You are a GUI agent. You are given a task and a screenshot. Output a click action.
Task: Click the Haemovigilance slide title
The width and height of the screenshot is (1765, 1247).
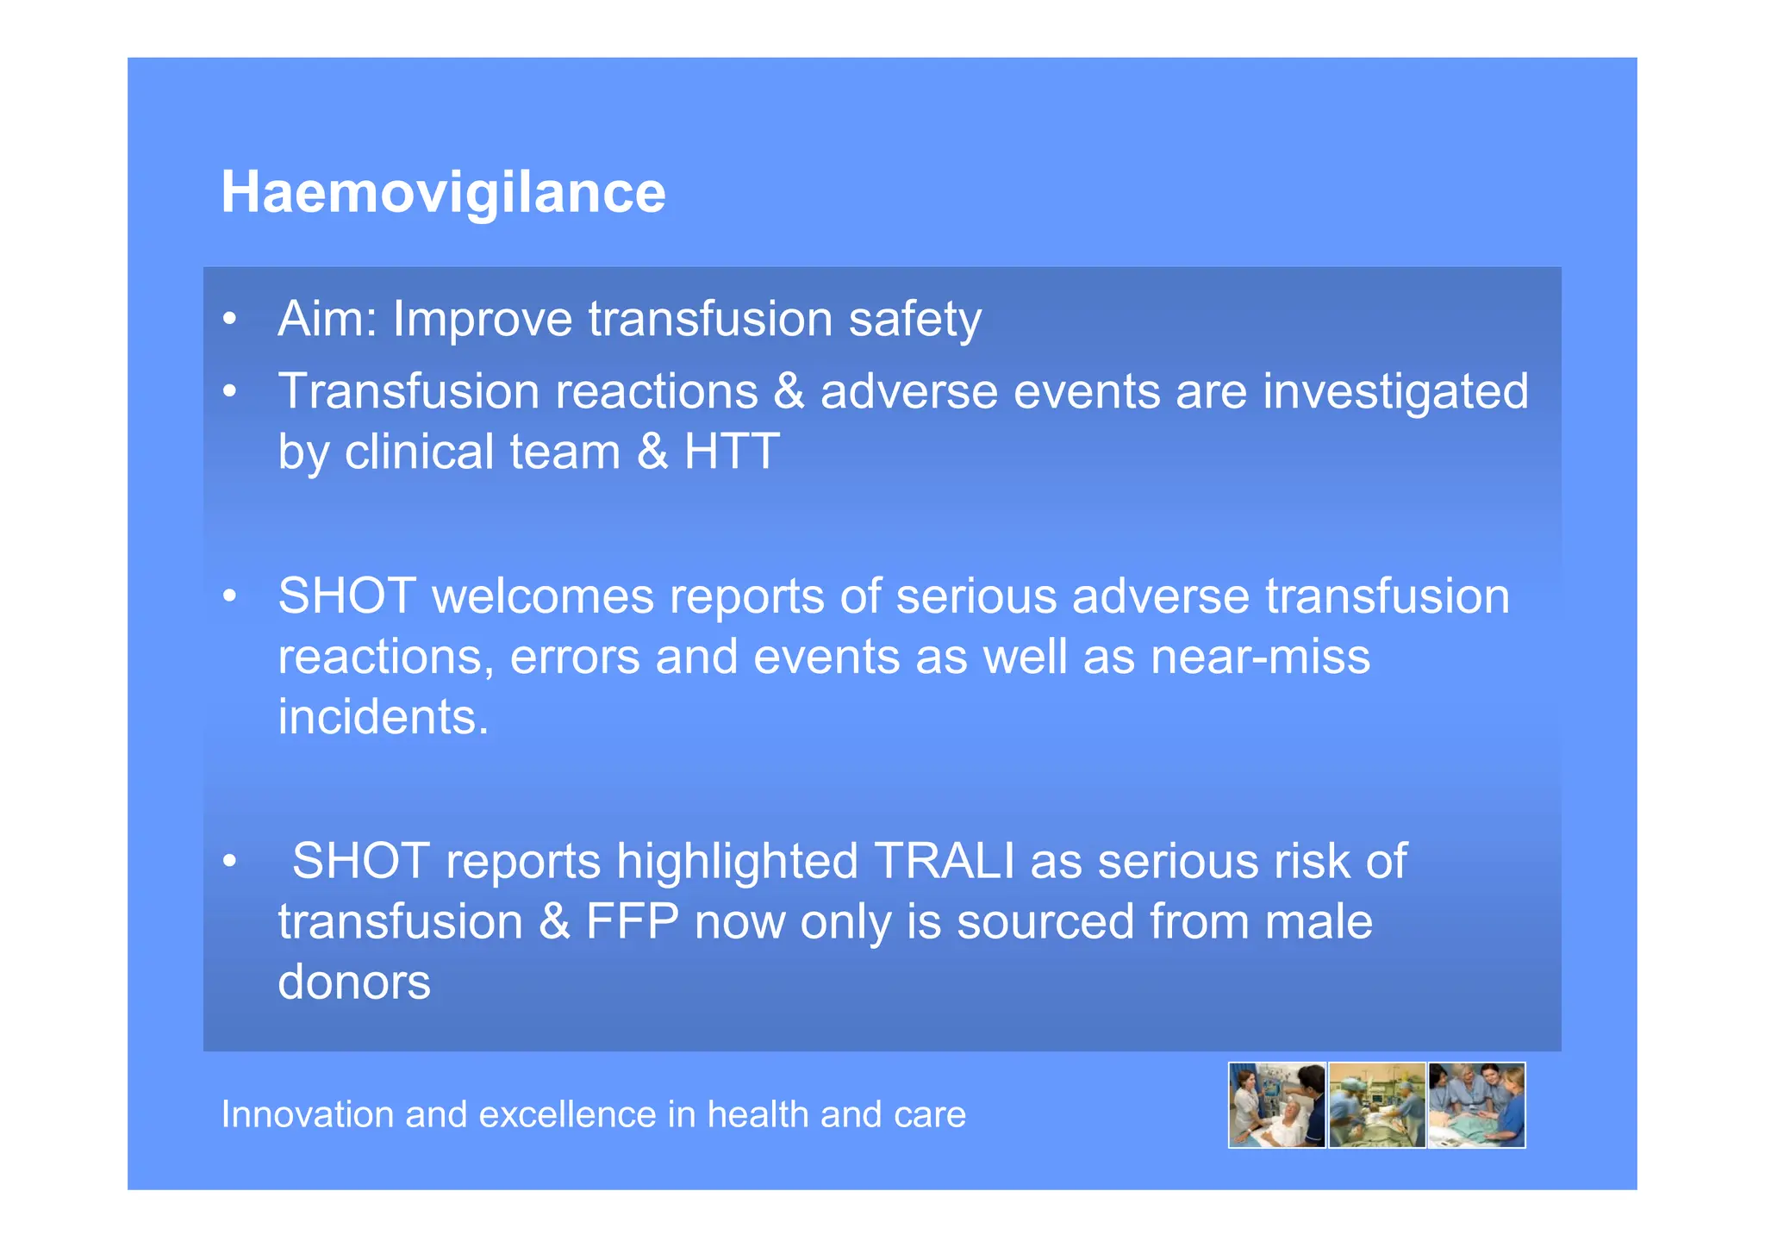pos(443,192)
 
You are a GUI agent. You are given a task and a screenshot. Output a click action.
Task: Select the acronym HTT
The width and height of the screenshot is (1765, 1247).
pos(732,452)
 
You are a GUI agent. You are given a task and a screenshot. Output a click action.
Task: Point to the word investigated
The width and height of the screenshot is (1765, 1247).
pos(1395,392)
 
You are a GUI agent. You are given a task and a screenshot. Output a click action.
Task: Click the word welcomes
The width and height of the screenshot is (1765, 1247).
pos(543,596)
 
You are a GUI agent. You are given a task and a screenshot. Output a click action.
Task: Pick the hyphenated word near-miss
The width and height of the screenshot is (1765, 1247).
pos(1260,657)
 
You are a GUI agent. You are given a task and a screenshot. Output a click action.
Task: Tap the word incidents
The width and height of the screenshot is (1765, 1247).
pos(383,717)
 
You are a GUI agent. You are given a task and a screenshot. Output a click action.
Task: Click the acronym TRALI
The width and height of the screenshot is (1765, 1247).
pos(944,861)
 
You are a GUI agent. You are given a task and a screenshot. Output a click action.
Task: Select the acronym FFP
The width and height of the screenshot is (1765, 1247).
pos(633,921)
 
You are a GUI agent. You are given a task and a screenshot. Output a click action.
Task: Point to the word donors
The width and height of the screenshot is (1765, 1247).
pos(354,982)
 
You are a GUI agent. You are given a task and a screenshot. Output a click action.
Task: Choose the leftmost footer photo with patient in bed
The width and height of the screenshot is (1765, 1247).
pos(1276,1105)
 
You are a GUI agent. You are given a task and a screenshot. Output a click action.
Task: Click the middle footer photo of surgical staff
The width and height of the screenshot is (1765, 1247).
pos(1376,1105)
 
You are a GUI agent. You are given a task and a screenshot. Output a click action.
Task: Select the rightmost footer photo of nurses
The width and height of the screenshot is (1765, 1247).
pos(1476,1105)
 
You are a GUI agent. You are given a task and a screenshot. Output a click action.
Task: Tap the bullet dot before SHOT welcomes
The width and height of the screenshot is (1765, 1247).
pos(229,597)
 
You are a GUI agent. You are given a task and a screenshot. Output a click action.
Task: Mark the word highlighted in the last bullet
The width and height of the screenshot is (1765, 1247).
pos(737,862)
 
